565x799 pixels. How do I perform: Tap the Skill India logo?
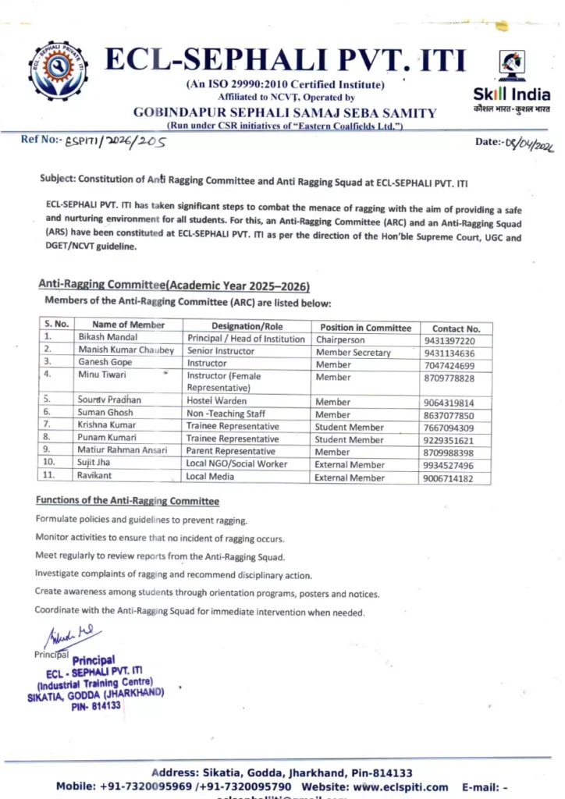tap(512, 82)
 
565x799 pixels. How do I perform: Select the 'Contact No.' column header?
tap(457, 328)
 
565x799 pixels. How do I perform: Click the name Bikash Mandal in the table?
tap(108, 338)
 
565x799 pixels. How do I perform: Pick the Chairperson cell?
tap(340, 340)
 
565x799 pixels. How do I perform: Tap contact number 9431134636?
tap(449, 353)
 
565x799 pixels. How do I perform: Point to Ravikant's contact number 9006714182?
tap(449, 478)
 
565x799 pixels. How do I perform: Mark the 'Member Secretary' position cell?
tap(354, 353)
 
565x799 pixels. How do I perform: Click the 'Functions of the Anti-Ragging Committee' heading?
tap(127, 501)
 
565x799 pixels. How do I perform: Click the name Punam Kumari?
tap(107, 439)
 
